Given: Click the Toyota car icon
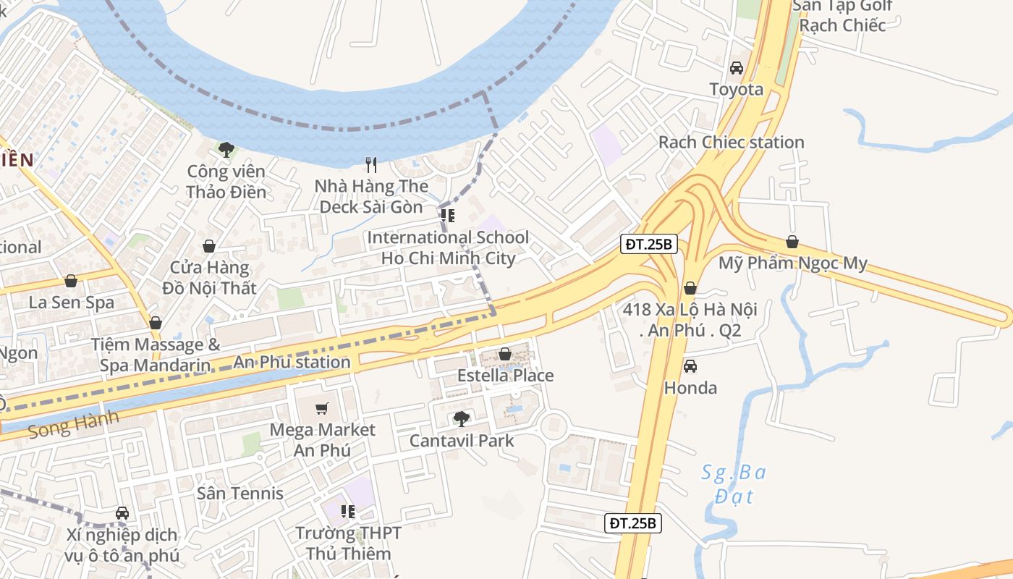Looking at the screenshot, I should pos(736,68).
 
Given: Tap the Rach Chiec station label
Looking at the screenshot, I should pos(731,142).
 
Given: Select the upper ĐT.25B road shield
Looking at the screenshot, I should pos(649,244).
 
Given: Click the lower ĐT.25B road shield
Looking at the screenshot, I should pos(633,523).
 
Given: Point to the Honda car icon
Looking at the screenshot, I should pos(690,366).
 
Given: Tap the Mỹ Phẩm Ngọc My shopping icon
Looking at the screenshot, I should pos(792,242).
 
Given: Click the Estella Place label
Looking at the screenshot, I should pos(505,376).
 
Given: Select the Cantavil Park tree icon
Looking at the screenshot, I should pos(461,418).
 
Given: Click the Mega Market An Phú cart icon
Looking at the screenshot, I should pos(322,408).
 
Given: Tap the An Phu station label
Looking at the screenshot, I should pos(292,362).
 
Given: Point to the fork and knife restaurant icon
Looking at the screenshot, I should pos(371,165).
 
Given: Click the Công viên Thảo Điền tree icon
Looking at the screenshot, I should pos(226,150).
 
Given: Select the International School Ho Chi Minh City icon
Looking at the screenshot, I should pos(448,216).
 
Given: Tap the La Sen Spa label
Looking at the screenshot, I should pos(72,302).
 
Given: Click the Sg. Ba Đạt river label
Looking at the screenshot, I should pos(734,484).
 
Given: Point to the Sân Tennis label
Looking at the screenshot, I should pos(240,493).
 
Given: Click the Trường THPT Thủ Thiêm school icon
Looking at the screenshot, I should pos(348,512).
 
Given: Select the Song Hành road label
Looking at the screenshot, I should pos(72,426).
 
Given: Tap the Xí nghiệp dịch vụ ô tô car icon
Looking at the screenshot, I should pos(122,513).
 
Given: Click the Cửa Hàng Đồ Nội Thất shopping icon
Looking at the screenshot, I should pos(209,246).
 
